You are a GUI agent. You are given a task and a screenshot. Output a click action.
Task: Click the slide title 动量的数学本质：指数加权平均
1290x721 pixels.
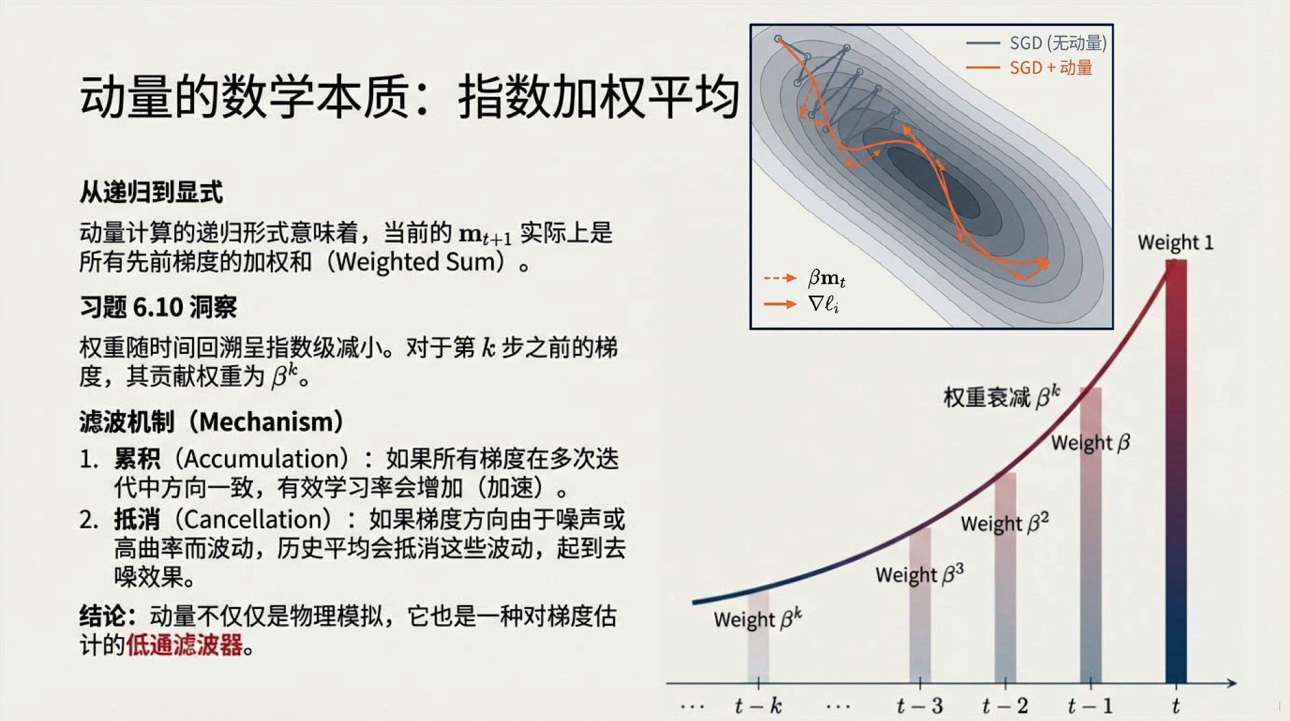point(410,97)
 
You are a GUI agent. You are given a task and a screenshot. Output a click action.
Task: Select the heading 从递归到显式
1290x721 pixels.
point(151,192)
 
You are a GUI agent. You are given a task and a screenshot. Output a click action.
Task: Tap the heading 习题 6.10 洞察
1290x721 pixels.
point(158,307)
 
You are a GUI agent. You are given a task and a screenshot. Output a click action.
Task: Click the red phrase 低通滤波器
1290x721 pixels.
point(184,645)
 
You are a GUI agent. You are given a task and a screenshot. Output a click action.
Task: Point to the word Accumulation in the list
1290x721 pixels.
point(266,459)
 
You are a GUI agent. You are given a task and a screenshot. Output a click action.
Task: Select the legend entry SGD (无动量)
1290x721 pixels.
point(1036,43)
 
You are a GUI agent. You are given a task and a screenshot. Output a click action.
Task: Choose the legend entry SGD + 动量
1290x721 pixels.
point(1029,68)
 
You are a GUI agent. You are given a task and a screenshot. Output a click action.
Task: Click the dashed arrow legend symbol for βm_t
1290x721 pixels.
point(780,278)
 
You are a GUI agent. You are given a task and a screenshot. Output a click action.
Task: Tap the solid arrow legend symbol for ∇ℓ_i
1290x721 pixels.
point(780,304)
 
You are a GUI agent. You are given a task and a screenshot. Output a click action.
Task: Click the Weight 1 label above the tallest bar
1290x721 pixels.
point(1175,243)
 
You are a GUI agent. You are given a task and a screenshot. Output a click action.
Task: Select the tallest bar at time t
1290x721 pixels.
point(1176,472)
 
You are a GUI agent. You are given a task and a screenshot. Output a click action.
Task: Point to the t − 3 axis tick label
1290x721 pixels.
point(919,706)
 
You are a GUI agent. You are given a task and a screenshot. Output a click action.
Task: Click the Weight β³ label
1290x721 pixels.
point(919,574)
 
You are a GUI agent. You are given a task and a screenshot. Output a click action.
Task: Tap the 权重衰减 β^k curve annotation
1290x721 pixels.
point(1001,397)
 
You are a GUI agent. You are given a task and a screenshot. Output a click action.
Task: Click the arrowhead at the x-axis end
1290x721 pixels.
point(1231,683)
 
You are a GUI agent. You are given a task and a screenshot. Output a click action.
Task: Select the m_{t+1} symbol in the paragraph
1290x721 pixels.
point(485,235)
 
